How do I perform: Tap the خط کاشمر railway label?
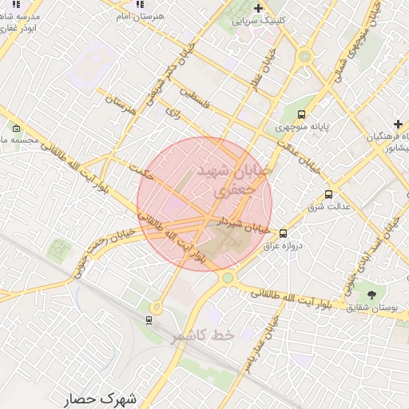click(202, 336)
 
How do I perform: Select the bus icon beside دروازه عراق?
click(283, 233)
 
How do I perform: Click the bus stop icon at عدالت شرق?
click(328, 194)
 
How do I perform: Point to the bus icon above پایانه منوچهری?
click(301, 114)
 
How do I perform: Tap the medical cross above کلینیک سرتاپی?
click(258, 8)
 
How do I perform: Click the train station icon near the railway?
click(149, 320)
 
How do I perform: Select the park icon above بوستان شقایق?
click(371, 294)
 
